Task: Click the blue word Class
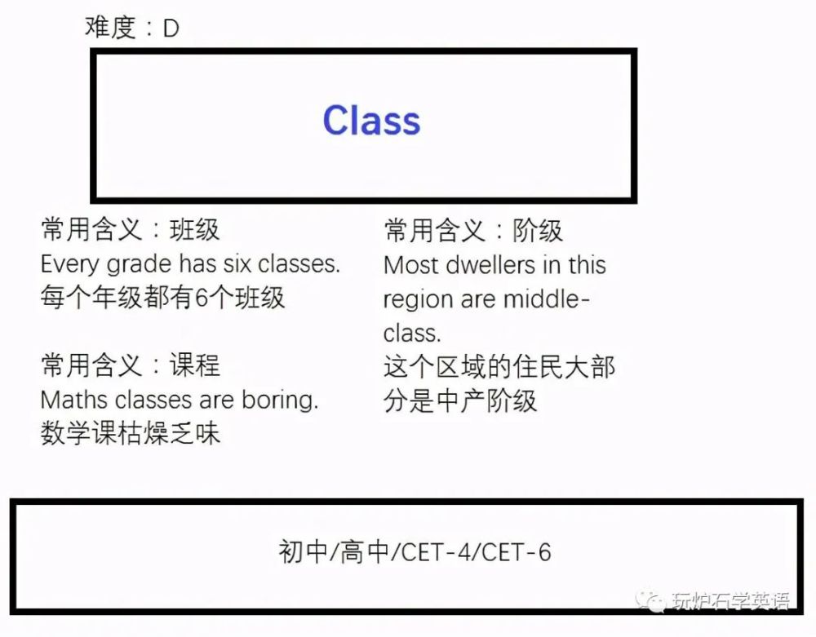click(x=371, y=121)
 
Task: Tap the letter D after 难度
click(x=171, y=28)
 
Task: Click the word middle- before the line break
click(x=546, y=299)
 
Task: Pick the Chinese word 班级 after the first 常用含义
click(x=195, y=230)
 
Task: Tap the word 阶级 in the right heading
click(x=538, y=231)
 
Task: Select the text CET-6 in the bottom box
click(x=517, y=552)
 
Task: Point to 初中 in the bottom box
click(x=304, y=551)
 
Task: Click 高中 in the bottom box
click(x=365, y=551)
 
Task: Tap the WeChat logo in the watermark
click(x=650, y=602)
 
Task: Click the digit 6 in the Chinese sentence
click(x=202, y=299)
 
